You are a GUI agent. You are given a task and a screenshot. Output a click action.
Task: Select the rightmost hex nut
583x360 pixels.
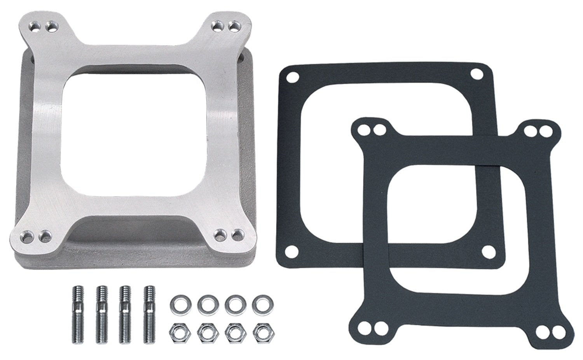click(260, 331)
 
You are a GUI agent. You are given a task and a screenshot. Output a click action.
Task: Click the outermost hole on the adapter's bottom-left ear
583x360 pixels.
click(28, 235)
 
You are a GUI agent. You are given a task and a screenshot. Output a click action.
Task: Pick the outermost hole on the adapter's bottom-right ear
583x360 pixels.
click(236, 235)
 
